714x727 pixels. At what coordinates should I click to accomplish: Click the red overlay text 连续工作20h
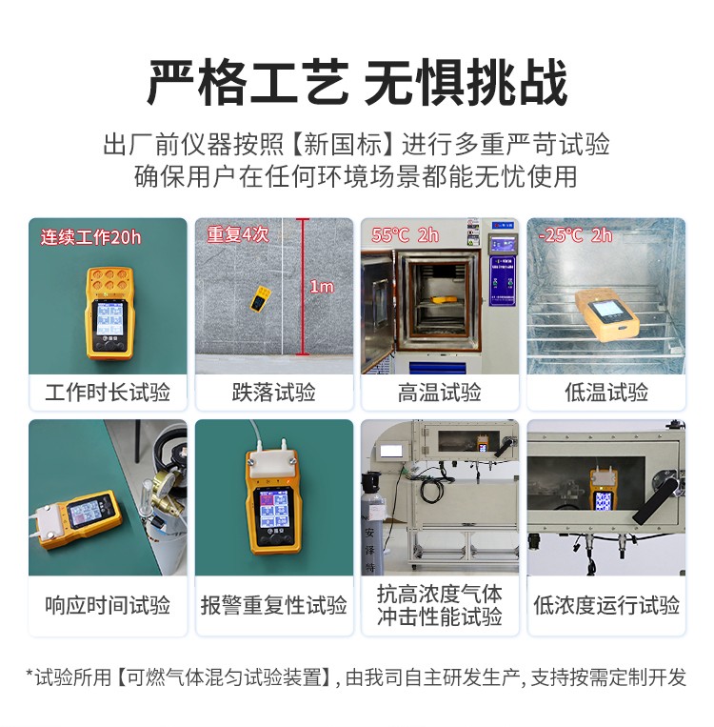pos(90,237)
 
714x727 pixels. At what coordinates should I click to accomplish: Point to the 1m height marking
pos(322,286)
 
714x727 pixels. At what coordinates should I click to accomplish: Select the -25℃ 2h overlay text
pos(575,235)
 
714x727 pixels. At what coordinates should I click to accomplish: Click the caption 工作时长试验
pos(108,393)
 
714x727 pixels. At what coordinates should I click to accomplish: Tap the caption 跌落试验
pos(273,393)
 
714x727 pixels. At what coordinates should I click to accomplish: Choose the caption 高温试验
pos(440,393)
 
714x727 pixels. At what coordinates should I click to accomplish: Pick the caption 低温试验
pos(606,393)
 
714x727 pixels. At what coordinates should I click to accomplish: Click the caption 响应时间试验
pos(108,605)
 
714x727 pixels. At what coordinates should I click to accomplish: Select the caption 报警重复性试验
pos(273,605)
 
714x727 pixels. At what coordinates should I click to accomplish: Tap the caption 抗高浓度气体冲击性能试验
pos(440,605)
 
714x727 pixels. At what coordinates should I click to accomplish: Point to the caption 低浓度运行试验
pos(606,605)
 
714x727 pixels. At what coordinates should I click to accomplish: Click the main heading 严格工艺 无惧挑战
pos(357,83)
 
